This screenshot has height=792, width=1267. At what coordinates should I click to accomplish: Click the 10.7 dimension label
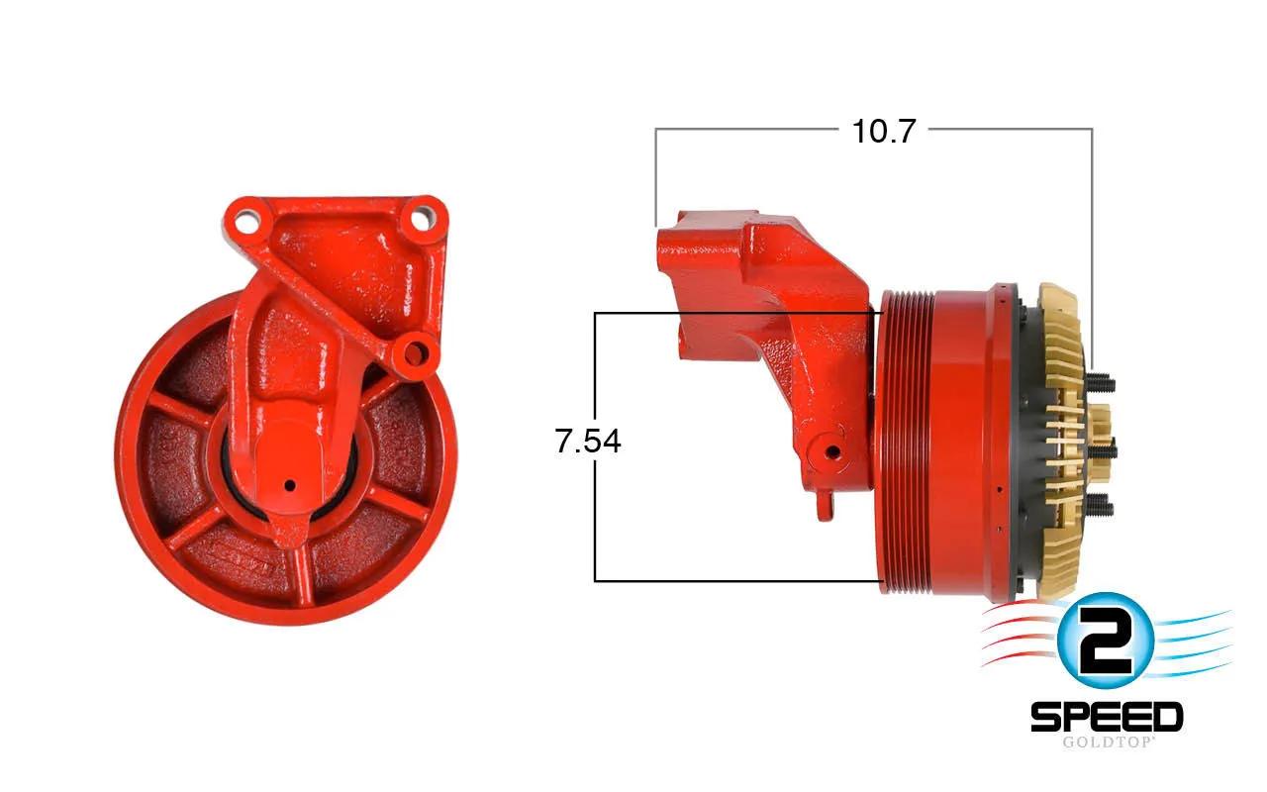[883, 132]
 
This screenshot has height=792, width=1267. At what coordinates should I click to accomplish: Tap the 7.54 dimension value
[588, 442]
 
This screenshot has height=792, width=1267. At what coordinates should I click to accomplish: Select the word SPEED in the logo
[1107, 718]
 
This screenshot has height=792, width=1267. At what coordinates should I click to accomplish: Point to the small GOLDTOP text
[1107, 742]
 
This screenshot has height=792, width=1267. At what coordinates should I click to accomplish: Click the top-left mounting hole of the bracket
[244, 221]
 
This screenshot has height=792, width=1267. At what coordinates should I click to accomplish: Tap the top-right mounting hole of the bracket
[422, 219]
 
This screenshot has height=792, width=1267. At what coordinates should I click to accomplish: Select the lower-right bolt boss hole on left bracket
[415, 353]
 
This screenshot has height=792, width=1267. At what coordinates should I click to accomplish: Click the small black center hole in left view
[290, 485]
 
